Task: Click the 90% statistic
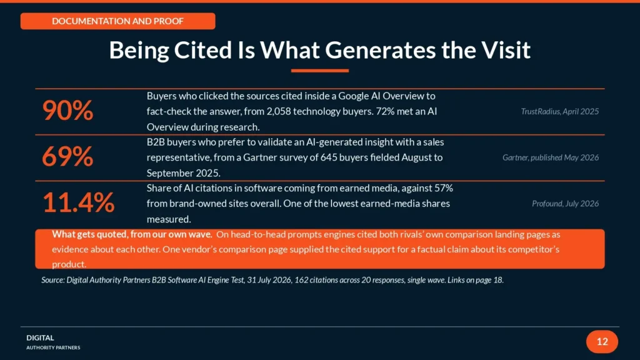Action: tap(67, 111)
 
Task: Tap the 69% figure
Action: tap(67, 157)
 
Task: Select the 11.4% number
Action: tap(78, 203)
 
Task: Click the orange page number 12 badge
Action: tap(602, 342)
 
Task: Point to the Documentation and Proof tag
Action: tap(118, 21)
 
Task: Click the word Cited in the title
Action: tap(203, 50)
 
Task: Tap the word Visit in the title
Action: tap(505, 50)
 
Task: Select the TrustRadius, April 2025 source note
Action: tap(559, 111)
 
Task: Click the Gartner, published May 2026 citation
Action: tap(551, 157)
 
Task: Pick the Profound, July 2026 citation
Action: tap(565, 204)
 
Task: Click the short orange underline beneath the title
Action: tap(320, 71)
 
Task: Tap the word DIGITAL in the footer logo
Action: tap(40, 338)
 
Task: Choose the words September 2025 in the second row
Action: tap(183, 174)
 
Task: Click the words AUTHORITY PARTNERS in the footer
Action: tap(53, 347)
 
